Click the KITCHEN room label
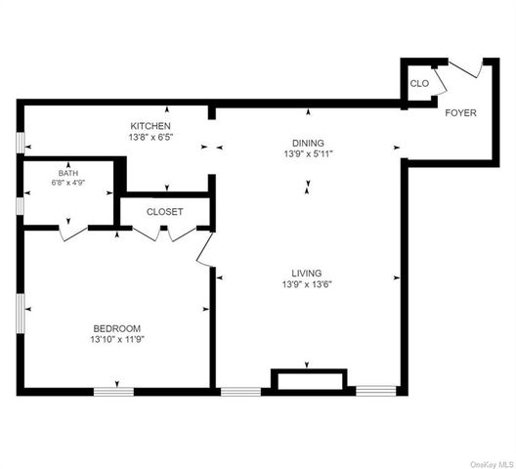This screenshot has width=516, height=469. (150, 126)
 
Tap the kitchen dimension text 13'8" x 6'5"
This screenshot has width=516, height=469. (150, 137)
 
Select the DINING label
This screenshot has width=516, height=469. (308, 143)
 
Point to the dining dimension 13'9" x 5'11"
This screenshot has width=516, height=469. (309, 153)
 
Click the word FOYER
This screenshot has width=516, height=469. (460, 113)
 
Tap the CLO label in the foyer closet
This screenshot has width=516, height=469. (419, 84)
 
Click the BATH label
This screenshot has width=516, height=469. (68, 173)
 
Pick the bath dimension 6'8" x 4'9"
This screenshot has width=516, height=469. (68, 183)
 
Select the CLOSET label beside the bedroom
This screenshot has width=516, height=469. (164, 212)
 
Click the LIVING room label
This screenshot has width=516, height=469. (307, 273)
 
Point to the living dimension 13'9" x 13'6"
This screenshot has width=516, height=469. (307, 284)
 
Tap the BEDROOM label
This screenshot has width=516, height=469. (117, 328)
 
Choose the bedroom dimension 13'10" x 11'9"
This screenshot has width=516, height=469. (117, 339)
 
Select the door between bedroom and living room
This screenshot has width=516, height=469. (204, 248)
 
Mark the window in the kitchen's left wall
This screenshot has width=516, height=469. (21, 143)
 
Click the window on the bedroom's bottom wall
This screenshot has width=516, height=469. (114, 392)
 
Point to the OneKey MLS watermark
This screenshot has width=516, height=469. (492, 464)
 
